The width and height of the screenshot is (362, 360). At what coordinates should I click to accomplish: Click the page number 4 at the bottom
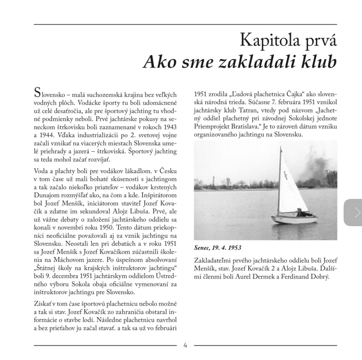click(x=185, y=345)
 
